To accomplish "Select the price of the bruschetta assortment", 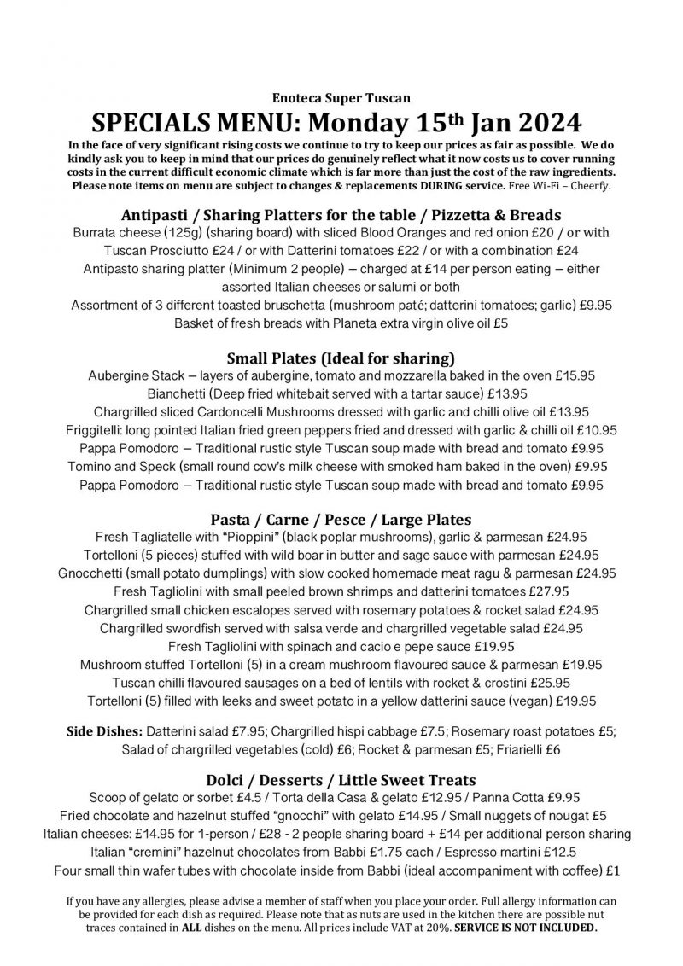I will [596, 305].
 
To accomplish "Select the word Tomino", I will [90, 467].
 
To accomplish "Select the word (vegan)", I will [530, 701].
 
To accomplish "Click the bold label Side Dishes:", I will [105, 732].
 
